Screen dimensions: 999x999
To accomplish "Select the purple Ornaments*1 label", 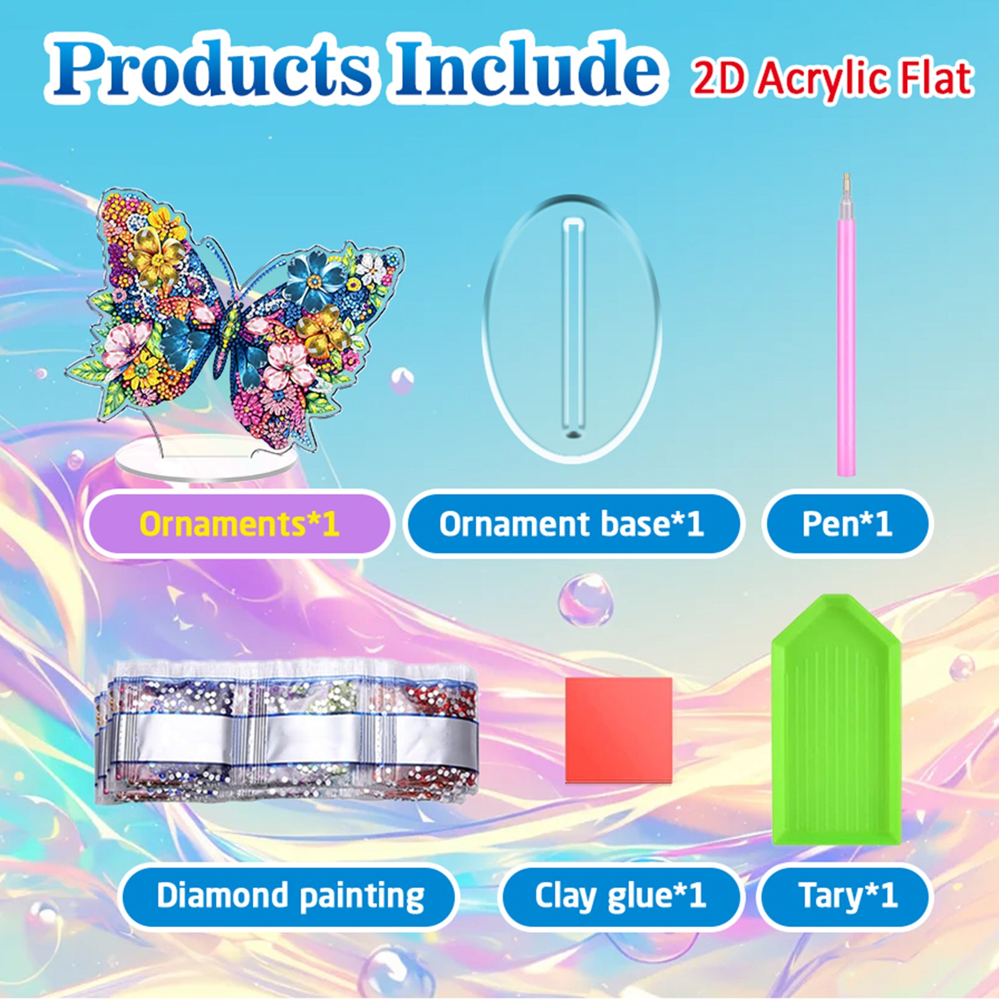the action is point(239,523).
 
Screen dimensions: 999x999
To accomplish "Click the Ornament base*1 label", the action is point(571,523).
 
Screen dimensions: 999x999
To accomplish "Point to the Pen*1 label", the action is point(847,523).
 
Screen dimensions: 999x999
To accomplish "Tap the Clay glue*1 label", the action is point(620,896).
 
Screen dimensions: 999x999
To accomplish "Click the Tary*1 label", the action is point(847,896).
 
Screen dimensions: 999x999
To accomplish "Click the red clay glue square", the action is point(618,729).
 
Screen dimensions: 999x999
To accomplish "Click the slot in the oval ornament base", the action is point(573,328).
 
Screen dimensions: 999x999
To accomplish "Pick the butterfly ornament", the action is point(234,318).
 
